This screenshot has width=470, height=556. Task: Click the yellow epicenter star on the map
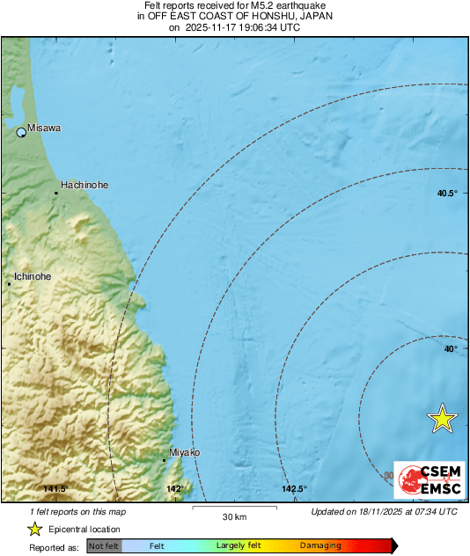tap(443, 420)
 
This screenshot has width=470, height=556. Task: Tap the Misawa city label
tap(44, 128)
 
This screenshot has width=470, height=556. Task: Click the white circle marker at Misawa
tap(22, 133)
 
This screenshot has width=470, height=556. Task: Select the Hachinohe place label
tap(84, 186)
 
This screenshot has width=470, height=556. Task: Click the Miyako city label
tap(184, 452)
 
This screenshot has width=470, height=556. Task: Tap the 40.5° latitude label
tap(447, 194)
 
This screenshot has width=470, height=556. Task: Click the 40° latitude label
tap(450, 349)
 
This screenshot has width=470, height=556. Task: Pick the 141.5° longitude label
tap(55, 489)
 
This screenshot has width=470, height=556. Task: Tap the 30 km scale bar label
tap(234, 516)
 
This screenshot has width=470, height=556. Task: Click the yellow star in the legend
tap(35, 529)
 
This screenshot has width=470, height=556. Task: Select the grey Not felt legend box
tap(104, 546)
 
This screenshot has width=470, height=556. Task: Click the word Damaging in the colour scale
tap(320, 546)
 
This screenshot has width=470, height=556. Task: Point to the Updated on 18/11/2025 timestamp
tap(384, 511)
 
